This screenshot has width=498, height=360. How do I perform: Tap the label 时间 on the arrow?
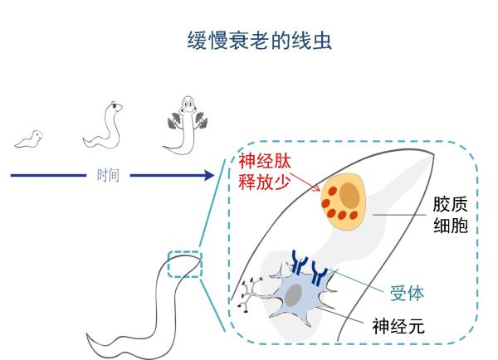(x=108, y=175)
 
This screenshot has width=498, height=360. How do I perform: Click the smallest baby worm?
(x=29, y=139)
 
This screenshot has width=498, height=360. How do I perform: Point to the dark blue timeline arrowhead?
(x=207, y=175)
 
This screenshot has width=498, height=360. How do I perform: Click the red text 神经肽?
(x=262, y=160)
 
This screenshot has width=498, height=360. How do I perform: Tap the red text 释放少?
(x=262, y=181)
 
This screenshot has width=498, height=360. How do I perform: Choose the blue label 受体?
(x=407, y=293)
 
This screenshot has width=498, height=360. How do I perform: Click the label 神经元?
(x=398, y=326)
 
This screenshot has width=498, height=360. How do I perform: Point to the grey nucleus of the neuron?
(x=294, y=294)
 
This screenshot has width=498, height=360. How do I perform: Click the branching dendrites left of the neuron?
(x=251, y=295)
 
